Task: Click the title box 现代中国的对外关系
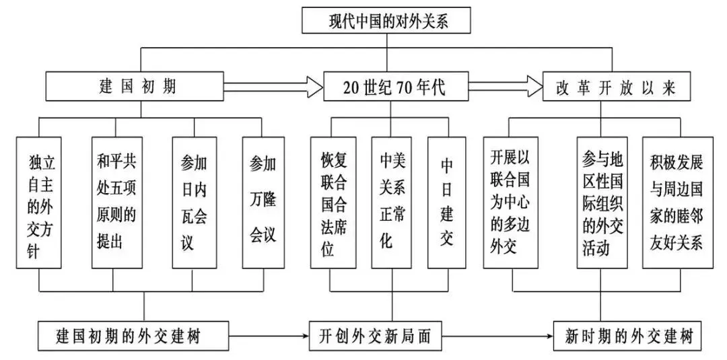pyautogui.click(x=388, y=20)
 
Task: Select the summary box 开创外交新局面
pyautogui.click(x=376, y=335)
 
